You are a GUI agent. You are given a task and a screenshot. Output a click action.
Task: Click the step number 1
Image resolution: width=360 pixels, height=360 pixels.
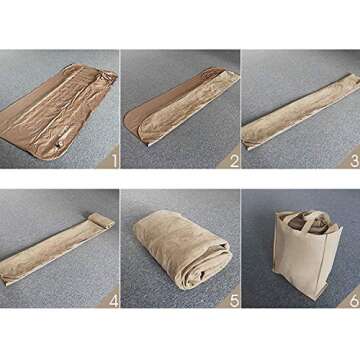115,161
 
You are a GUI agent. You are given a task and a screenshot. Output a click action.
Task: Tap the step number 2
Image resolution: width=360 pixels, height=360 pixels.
235,161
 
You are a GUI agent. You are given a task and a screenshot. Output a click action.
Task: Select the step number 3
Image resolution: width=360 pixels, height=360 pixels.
355,161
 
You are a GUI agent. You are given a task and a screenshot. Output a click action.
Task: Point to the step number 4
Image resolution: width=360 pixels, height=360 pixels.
114,301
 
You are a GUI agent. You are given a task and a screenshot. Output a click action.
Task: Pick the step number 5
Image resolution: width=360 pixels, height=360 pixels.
235,301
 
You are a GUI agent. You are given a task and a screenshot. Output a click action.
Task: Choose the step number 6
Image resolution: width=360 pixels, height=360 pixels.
355,301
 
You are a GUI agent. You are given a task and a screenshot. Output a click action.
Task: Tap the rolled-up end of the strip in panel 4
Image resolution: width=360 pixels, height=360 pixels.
101,221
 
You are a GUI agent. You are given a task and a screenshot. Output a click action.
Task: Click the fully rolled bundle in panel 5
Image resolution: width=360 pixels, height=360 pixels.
183,248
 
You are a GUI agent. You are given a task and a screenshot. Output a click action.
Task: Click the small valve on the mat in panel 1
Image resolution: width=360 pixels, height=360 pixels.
61,145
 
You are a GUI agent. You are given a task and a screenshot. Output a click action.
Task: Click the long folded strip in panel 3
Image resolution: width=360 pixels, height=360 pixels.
300,112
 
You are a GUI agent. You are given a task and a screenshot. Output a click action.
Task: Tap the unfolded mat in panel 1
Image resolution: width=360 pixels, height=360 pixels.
57,112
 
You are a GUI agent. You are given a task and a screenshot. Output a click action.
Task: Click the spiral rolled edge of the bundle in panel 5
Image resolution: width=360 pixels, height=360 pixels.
207,270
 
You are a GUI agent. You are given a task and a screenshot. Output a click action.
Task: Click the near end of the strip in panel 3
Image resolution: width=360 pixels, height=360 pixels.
248,140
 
